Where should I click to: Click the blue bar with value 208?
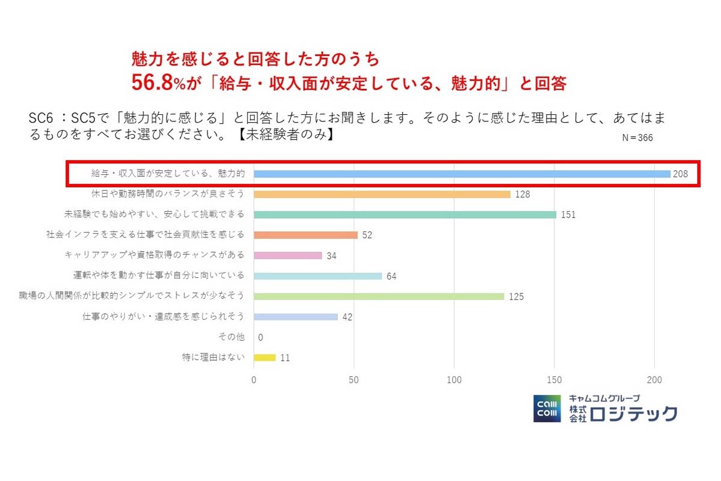[x=462, y=174]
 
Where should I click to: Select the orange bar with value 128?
[x=382, y=194]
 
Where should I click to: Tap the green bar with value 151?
[x=405, y=215]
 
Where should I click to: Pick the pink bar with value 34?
[x=288, y=256]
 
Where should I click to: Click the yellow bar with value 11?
[x=265, y=357]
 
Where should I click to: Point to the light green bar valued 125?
[x=379, y=296]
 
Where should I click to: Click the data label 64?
[x=391, y=277]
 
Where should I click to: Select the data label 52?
[x=367, y=235]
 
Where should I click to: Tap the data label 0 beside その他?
[x=260, y=338]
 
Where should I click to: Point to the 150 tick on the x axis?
[x=554, y=380]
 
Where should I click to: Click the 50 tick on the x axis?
[x=354, y=380]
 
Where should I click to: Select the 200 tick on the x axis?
[x=654, y=380]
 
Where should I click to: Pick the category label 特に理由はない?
[x=213, y=357]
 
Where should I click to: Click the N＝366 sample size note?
[x=637, y=138]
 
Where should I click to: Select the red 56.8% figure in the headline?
[x=153, y=83]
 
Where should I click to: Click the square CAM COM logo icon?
[x=547, y=409]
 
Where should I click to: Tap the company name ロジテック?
[x=633, y=414]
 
